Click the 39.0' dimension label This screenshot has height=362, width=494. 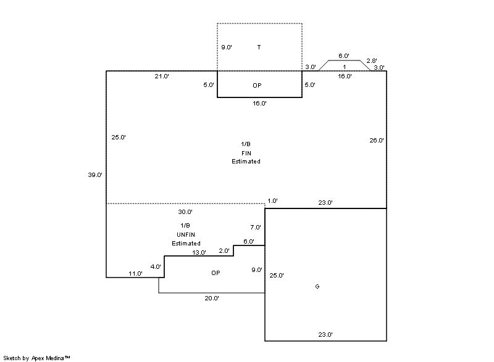click(x=95, y=175)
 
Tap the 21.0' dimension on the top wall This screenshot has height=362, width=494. click(x=162, y=76)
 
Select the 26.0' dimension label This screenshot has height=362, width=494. click(x=376, y=141)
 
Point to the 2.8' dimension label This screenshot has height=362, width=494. click(x=372, y=60)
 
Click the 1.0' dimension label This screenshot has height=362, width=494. click(x=272, y=200)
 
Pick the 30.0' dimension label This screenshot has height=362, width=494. click(x=185, y=212)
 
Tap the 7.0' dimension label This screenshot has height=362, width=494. click(x=256, y=228)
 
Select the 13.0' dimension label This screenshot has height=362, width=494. click(x=199, y=253)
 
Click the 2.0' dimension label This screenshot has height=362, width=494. click(x=224, y=250)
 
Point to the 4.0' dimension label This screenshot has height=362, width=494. click(x=155, y=267)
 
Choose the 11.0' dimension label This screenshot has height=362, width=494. click(x=136, y=273)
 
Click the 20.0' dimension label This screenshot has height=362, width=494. click(x=212, y=298)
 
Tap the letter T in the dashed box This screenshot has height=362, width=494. click(x=259, y=47)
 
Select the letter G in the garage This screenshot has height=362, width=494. click(x=317, y=287)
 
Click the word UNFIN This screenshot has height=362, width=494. click(x=186, y=234)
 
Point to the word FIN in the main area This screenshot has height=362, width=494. click(x=246, y=153)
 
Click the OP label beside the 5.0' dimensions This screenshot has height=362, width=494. click(x=257, y=86)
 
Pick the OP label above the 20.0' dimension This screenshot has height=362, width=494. click(x=216, y=273)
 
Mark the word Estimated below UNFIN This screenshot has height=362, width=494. click(x=186, y=243)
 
